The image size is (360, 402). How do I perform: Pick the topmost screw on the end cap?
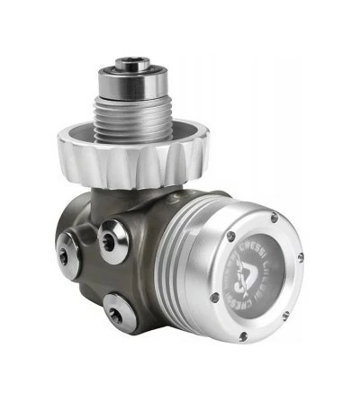pyautogui.click(x=274, y=218)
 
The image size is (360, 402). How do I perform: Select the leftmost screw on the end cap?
pyautogui.click(x=214, y=297)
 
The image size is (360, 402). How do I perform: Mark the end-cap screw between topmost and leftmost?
pyautogui.click(x=231, y=237)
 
